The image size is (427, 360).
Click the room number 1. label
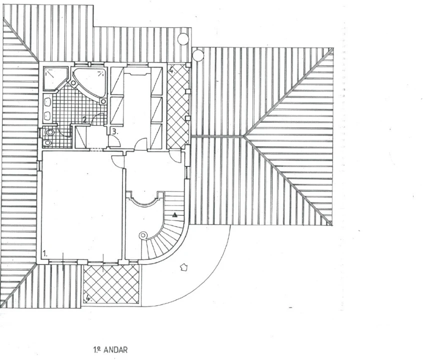click(45, 254)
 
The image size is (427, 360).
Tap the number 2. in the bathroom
click(85, 119)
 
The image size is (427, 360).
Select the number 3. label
click(115, 132)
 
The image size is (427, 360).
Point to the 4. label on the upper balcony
click(171, 70)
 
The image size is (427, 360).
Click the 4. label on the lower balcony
click(88, 298)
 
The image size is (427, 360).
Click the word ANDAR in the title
click(115, 350)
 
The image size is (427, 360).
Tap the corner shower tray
click(55, 78)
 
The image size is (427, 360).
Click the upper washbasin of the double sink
click(48, 102)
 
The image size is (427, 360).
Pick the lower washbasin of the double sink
click(48, 115)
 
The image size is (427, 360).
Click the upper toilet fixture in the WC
click(49, 132)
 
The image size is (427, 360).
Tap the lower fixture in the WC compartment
click(48, 142)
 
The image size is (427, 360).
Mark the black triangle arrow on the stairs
click(175, 215)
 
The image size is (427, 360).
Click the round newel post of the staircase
click(143, 235)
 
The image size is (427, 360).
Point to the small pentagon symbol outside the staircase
click(184, 267)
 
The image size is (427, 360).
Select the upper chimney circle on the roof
click(183, 39)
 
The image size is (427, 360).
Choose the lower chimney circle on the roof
click(197, 55)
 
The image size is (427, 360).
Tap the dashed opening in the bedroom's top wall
click(96, 149)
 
